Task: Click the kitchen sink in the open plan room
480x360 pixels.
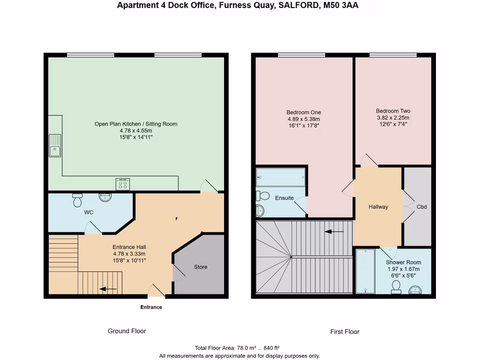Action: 55,145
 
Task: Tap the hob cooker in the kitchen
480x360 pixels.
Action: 123,184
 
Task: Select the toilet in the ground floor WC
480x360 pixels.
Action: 77,200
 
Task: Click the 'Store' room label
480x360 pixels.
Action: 201,267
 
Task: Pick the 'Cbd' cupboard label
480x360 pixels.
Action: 421,207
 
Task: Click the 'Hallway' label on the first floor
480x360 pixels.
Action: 378,207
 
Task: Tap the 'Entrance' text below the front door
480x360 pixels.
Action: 151,307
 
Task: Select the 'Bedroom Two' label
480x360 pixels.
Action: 393,111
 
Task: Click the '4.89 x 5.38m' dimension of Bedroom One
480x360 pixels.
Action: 304,119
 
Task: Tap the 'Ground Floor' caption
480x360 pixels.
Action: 127,331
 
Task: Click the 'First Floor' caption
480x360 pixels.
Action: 345,331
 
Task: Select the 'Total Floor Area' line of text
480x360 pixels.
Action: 237,348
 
